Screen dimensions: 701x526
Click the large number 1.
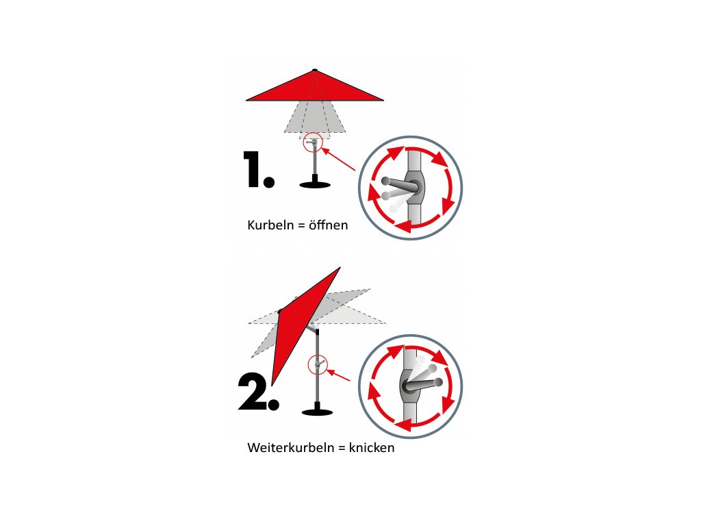258,169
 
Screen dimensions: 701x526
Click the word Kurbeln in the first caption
270,225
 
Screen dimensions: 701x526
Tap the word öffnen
328,225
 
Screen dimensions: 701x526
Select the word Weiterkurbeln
290,447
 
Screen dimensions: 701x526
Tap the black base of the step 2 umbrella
318,410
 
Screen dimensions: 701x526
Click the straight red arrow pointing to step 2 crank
339,375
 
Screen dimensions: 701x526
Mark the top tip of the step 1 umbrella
315,69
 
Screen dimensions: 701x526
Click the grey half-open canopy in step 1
315,117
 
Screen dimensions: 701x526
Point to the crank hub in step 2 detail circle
408,386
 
